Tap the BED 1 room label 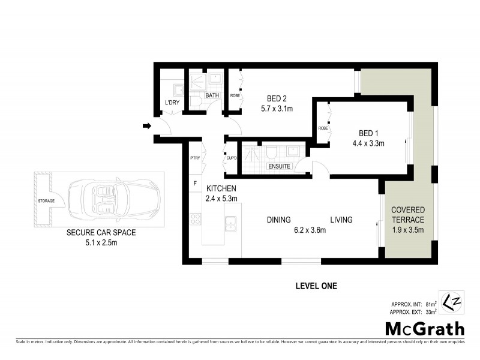pyautogui.click(x=368, y=133)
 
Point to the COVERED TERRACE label pyautogui.click(x=407, y=215)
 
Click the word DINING pyautogui.click(x=279, y=220)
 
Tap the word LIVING pyautogui.click(x=340, y=220)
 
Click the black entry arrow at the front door pyautogui.click(x=146, y=126)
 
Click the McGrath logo pyautogui.click(x=424, y=328)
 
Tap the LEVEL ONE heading pyautogui.click(x=316, y=286)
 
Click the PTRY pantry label pyautogui.click(x=194, y=158)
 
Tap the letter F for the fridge pyautogui.click(x=194, y=183)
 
